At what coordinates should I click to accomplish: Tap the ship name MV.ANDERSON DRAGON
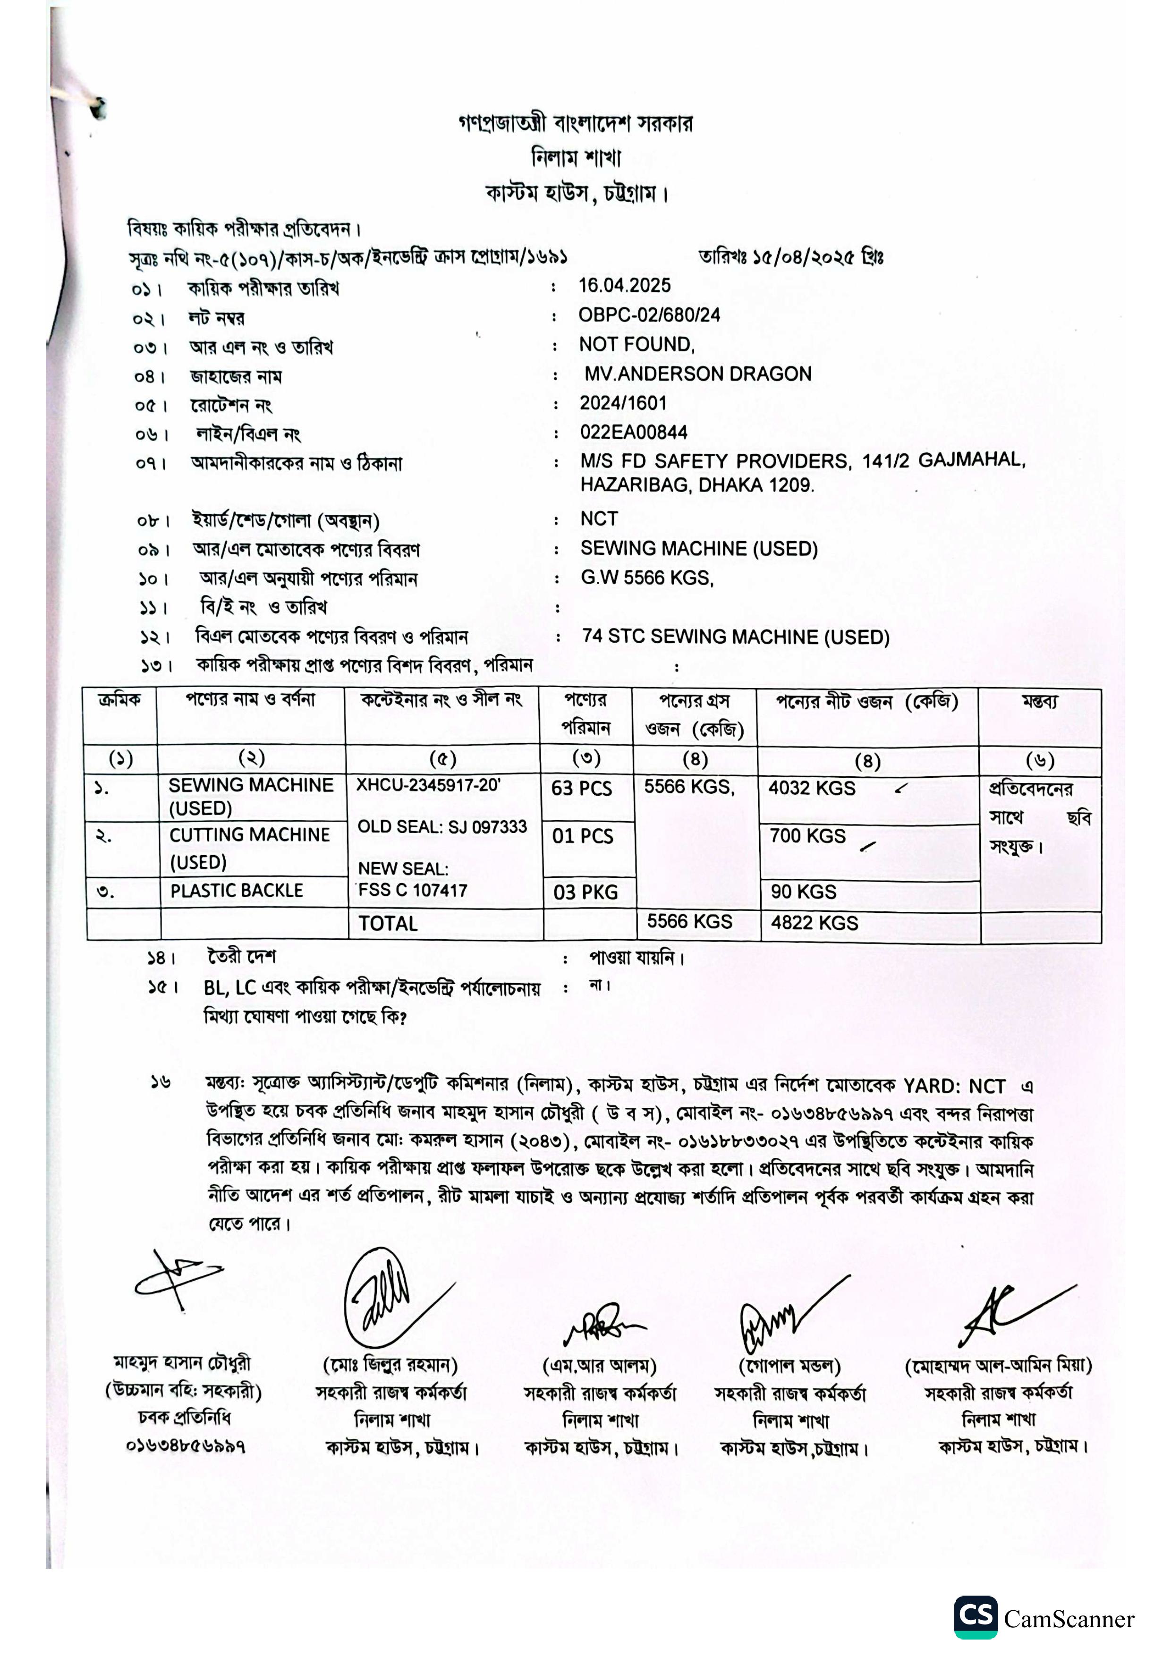(x=698, y=374)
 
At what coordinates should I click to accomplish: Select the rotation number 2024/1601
(x=623, y=403)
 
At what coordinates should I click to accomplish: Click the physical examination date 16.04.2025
(x=624, y=285)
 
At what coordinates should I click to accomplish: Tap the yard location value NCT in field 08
(x=599, y=519)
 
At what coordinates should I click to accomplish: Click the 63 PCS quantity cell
(x=582, y=788)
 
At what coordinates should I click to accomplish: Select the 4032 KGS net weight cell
(x=812, y=788)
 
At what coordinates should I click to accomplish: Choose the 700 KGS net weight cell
(x=807, y=836)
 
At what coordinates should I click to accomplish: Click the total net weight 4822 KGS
(x=814, y=923)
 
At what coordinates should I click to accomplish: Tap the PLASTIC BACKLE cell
(x=237, y=891)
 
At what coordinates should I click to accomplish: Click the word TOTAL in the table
(x=388, y=924)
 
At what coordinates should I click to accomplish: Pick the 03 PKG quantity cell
(x=585, y=893)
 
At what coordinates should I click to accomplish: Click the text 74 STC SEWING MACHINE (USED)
(x=735, y=637)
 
